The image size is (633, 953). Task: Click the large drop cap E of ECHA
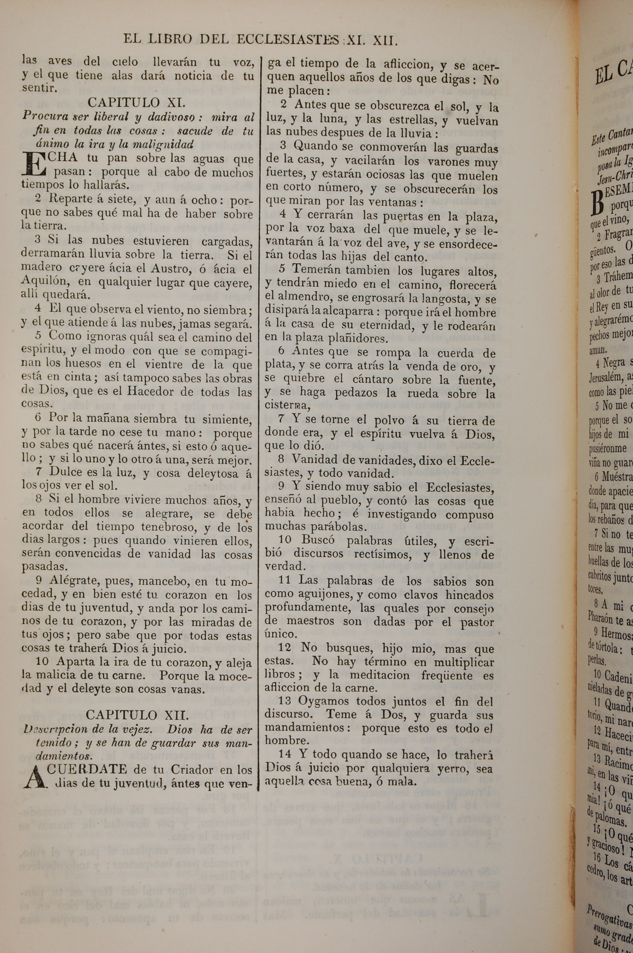tap(34, 163)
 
